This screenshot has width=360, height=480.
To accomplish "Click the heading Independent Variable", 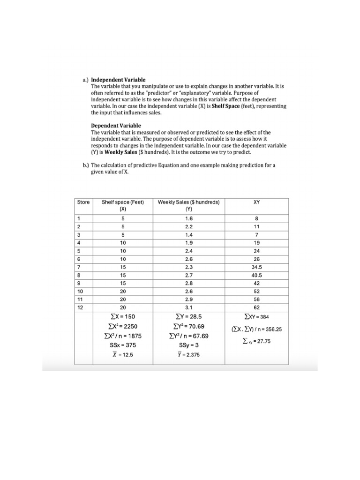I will tap(118, 80).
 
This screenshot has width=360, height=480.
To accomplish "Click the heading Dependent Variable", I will tap(115, 126).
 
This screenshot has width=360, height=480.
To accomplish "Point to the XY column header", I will tap(256, 202).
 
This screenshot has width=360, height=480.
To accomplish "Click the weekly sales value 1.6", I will tap(189, 218).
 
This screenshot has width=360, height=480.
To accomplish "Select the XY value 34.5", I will tap(256, 266).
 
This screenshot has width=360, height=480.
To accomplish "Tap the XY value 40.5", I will tap(256, 276).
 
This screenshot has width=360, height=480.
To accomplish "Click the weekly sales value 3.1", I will tap(189, 307).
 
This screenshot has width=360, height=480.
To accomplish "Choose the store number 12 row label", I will tap(81, 307).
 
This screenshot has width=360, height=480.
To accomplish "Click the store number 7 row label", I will tap(79, 266).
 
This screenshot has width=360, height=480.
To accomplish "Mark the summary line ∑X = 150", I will tap(122, 317).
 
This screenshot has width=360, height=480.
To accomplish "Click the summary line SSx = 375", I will tap(122, 345).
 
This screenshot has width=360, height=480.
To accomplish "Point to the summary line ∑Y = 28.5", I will tap(188, 317).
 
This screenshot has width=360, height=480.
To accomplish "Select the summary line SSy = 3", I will tap(188, 345).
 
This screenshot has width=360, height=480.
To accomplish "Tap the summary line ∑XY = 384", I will tap(256, 317).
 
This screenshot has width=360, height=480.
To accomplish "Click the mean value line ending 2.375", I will tap(188, 355).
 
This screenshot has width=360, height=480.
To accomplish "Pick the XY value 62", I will tap(256, 307).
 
